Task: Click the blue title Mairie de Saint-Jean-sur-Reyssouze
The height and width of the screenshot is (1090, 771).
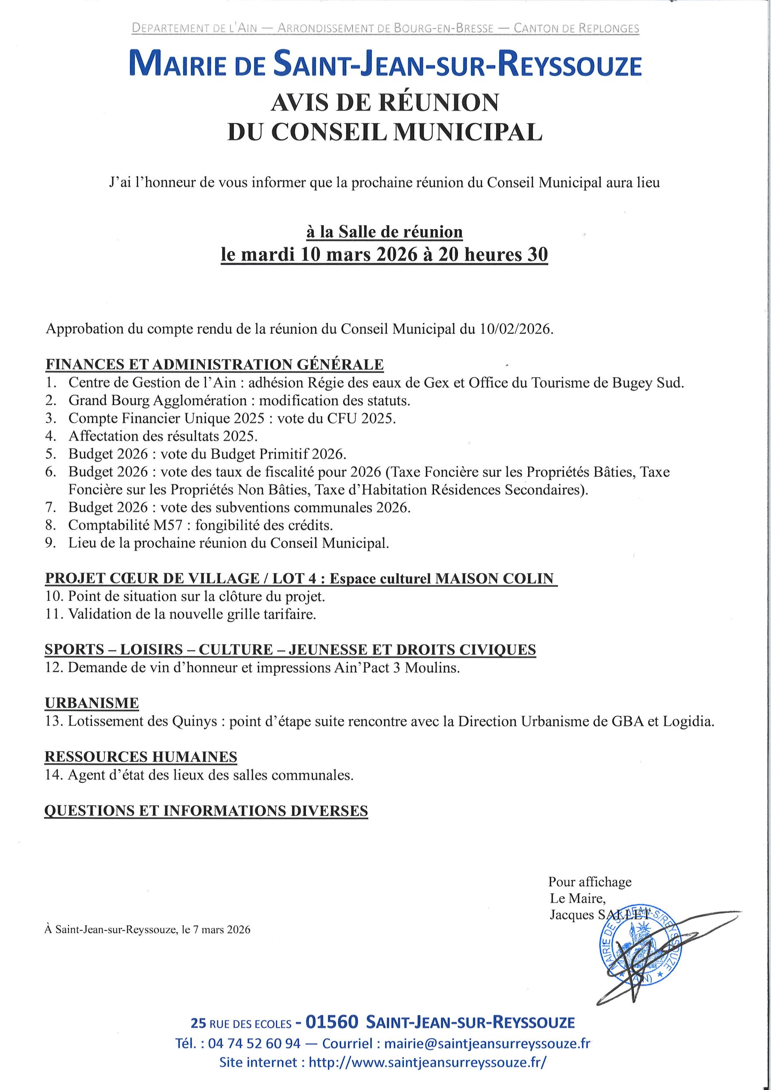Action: (x=385, y=66)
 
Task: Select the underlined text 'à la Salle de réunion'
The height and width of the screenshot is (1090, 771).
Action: (x=385, y=232)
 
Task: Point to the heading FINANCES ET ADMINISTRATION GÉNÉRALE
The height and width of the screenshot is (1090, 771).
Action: (x=214, y=364)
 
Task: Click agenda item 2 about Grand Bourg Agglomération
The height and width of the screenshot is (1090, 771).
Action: (x=239, y=401)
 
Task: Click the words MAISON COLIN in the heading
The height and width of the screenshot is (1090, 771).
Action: (x=495, y=578)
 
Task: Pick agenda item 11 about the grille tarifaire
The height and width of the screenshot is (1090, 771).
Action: (x=192, y=614)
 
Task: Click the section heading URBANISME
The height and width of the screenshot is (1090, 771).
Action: (x=92, y=703)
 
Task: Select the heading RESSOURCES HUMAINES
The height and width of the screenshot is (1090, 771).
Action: (x=141, y=757)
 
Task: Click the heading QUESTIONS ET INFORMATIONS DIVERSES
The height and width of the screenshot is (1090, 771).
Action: (x=206, y=810)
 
